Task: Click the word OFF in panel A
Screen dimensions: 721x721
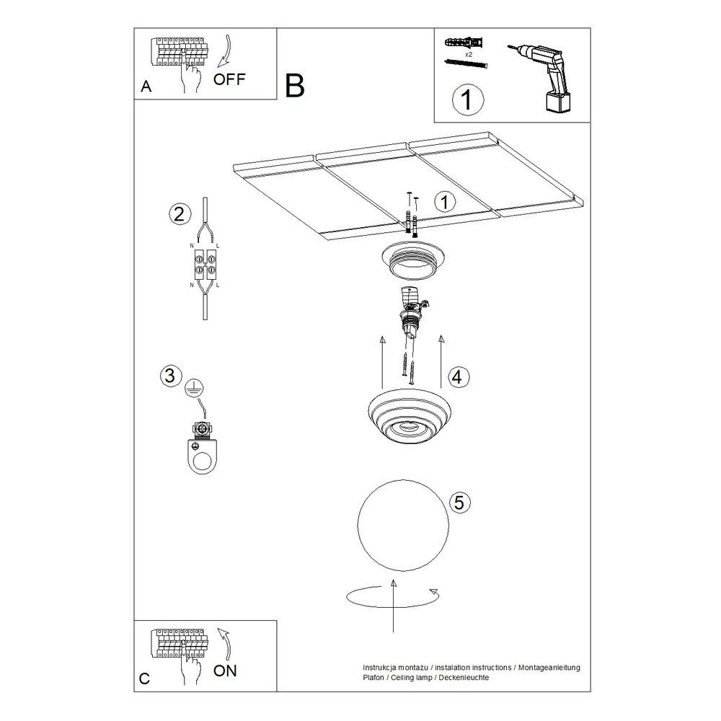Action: coord(229,79)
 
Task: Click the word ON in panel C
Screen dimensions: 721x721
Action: coord(225,671)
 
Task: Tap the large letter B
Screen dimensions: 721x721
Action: coord(295,85)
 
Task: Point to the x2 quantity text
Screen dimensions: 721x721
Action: coord(469,54)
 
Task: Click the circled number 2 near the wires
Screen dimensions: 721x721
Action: coord(179,214)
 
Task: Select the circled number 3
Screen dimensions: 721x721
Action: coord(169,375)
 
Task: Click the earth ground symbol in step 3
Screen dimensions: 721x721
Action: coord(194,388)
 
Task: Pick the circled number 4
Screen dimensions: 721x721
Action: coord(457,377)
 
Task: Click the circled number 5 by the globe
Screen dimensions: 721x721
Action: coord(459,502)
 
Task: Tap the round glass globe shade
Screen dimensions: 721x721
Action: coord(403,526)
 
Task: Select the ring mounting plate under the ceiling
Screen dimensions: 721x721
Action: coord(412,260)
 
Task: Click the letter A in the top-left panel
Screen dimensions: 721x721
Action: coord(146,87)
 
